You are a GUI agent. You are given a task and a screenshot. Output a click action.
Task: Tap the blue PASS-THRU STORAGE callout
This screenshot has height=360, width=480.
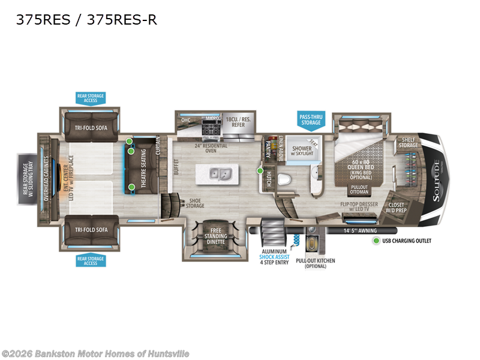(310, 119)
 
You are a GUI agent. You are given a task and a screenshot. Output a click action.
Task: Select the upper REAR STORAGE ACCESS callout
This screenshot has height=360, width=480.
(90, 98)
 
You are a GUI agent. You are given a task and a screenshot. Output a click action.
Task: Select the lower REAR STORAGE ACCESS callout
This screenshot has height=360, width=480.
(90, 260)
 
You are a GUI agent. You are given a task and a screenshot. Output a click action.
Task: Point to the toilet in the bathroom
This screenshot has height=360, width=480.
(286, 179)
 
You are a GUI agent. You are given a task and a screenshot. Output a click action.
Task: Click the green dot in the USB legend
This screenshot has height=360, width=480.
(376, 241)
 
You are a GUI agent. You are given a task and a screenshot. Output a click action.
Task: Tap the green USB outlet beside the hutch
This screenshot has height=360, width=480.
(260, 171)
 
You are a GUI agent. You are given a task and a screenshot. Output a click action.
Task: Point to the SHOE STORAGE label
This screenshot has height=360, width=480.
(195, 203)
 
